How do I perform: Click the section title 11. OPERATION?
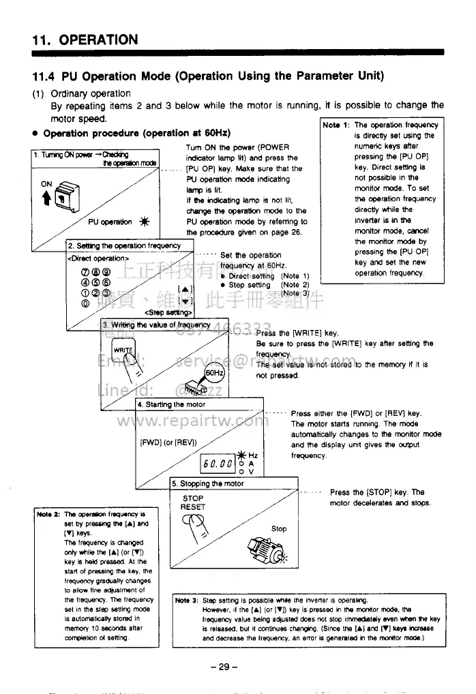coord(85,40)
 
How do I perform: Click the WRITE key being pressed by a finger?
coord(123,350)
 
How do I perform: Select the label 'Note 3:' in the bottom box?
coord(186,600)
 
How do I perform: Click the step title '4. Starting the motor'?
coord(172,404)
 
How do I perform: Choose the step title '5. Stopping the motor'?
coord(208,484)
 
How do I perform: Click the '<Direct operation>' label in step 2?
coord(97,258)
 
